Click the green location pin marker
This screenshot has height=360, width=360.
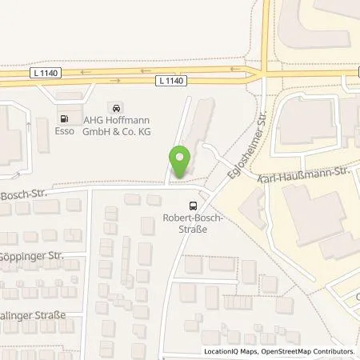[179, 164]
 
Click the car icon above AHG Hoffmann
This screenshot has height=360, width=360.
[118, 107]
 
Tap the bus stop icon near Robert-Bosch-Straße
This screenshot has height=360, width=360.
[191, 206]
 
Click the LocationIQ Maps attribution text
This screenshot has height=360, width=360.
[231, 352]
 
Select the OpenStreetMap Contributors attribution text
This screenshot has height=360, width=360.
[306, 352]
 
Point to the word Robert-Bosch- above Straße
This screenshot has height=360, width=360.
[191, 218]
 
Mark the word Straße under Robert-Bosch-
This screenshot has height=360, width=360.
[191, 227]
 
